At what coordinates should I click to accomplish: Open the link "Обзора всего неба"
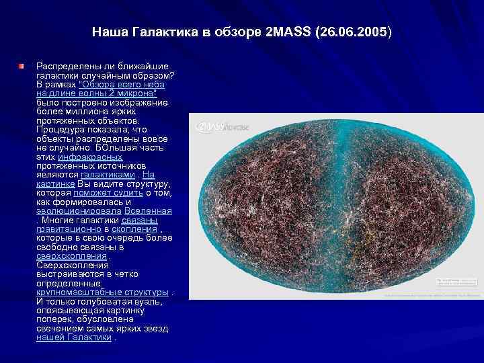tap(122, 85)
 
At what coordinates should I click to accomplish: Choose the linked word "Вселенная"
tap(147, 210)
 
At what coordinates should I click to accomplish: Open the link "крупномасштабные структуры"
tap(102, 292)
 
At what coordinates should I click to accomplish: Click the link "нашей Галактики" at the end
tap(73, 337)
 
